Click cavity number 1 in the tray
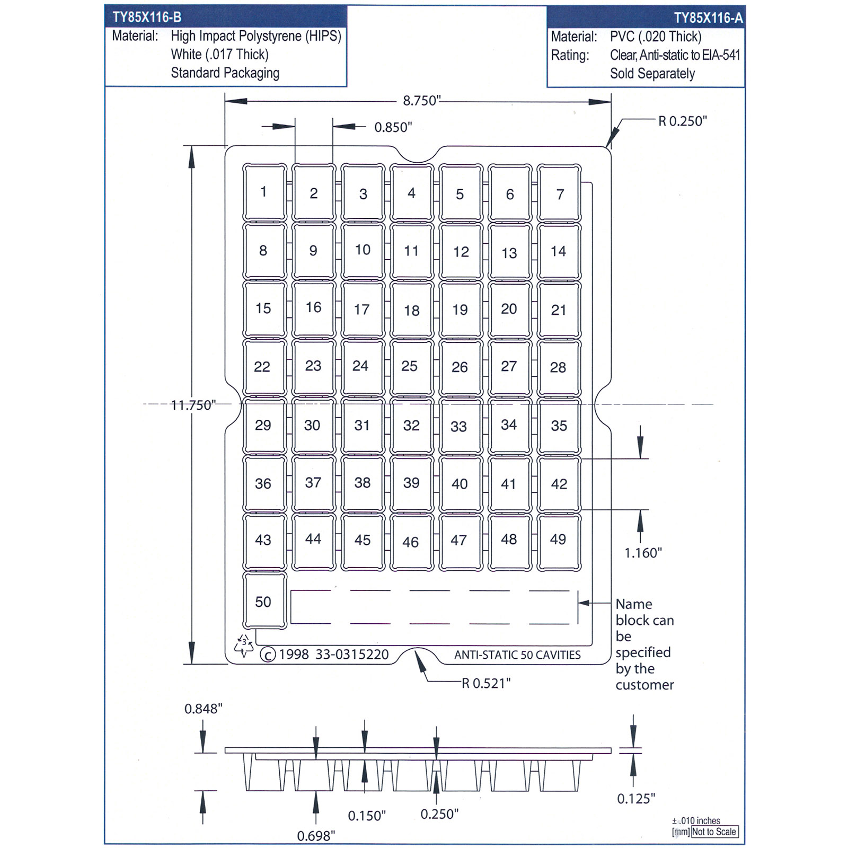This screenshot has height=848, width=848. [x=264, y=192]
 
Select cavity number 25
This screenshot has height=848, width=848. [x=411, y=367]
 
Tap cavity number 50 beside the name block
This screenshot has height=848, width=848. [x=264, y=600]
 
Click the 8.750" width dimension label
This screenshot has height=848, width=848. [x=422, y=101]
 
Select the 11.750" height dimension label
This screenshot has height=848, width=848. [x=193, y=405]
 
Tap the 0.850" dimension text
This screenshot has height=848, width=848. [x=393, y=127]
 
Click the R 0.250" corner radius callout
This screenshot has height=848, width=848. [x=683, y=121]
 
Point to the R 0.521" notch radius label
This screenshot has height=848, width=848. [x=486, y=683]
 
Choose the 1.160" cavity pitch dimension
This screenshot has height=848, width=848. [x=643, y=553]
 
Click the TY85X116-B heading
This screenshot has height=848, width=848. [x=147, y=17]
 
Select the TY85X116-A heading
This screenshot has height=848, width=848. [x=708, y=18]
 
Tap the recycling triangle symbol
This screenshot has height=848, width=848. [x=243, y=646]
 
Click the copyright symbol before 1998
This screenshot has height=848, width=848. [x=268, y=655]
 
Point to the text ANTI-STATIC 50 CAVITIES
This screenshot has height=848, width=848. [x=517, y=655]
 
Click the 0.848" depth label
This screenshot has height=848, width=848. [x=204, y=709]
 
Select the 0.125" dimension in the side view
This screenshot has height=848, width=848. [x=636, y=798]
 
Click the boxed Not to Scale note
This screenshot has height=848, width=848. [x=714, y=832]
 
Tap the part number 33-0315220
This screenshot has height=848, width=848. [x=352, y=655]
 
